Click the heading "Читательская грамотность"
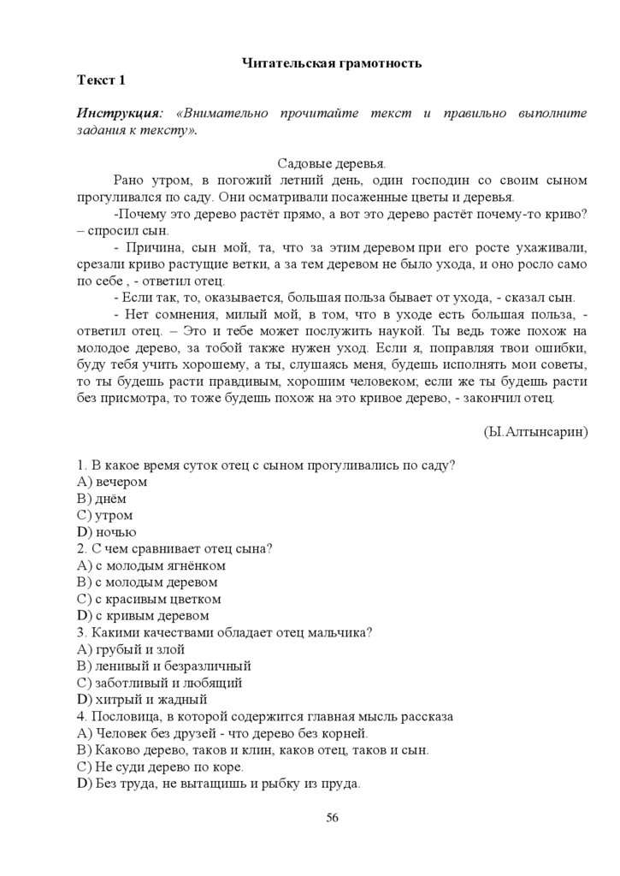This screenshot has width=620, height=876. tap(332, 62)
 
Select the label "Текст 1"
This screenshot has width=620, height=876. tap(101, 80)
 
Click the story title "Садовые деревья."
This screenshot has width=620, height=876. tap(332, 163)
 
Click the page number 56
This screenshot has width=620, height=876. tap(333, 818)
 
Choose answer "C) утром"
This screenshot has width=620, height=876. tap(105, 515)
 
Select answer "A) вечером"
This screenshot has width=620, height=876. tap(112, 482)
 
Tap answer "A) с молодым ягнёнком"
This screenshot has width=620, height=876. tap(151, 565)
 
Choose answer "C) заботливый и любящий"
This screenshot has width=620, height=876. tap(160, 682)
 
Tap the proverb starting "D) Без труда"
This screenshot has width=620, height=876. tap(219, 783)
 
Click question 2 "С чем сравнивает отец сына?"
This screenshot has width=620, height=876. tap(174, 548)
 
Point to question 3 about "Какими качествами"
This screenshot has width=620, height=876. tap(224, 632)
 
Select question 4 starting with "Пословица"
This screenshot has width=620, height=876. tap(265, 716)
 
